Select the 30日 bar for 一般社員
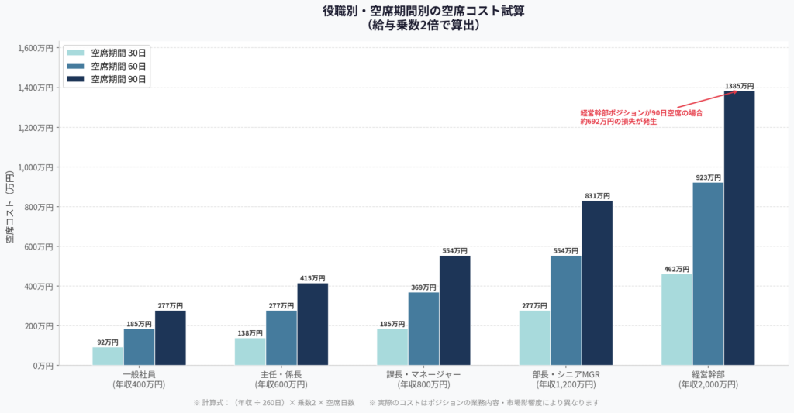coord(108,356)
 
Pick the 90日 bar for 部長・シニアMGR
coord(597,283)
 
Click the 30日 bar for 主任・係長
coord(250,351)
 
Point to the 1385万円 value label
coord(739,86)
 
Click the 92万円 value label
coord(108,342)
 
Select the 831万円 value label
coord(597,196)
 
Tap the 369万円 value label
coord(423,287)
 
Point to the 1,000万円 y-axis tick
coord(36,167)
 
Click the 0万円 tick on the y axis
coord(43,365)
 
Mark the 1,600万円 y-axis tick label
coord(36,48)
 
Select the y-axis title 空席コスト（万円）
coord(10,206)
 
